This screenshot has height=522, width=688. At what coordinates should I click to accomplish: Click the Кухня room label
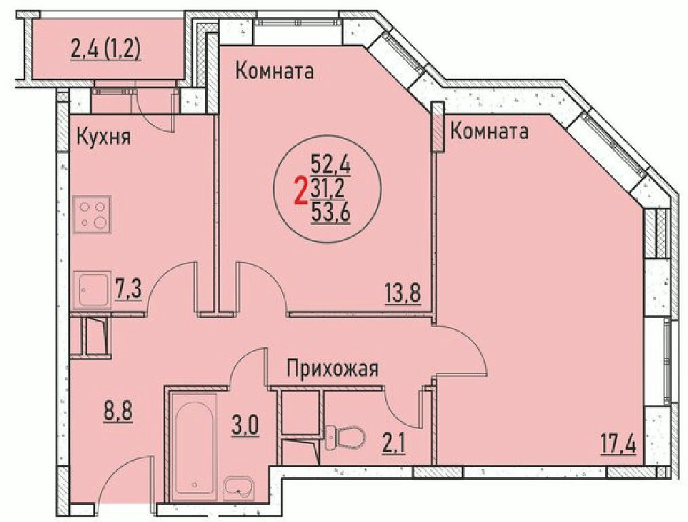[104, 137]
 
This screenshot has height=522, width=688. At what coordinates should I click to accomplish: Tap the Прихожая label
[332, 369]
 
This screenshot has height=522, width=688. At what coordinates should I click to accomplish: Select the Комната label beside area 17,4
[489, 130]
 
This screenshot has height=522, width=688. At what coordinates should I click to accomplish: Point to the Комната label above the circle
[274, 71]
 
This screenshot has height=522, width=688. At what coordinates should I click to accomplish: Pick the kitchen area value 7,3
[128, 291]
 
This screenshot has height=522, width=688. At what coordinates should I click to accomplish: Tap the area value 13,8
[403, 293]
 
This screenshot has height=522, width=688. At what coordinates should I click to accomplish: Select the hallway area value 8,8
[117, 412]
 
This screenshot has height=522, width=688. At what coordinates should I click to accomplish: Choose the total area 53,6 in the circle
[330, 215]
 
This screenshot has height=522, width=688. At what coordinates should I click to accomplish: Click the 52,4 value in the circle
[330, 165]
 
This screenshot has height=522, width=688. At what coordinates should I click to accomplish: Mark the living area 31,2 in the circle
[327, 190]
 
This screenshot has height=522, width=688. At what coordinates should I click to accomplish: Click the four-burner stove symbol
[92, 214]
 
